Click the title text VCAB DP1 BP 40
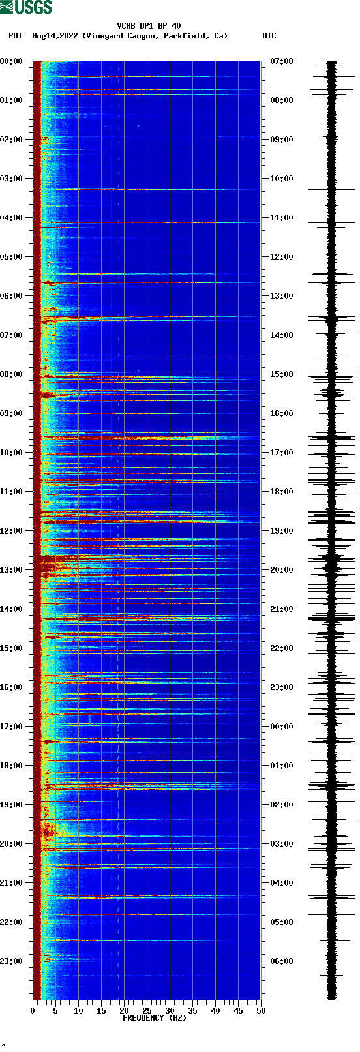(149, 26)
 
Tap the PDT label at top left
(15, 36)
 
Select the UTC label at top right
(269, 36)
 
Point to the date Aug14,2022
(55, 36)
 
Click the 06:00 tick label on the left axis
(12, 295)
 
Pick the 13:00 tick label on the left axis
(12, 569)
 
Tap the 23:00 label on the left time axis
(12, 961)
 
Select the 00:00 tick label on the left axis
(12, 61)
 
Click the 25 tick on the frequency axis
(147, 1010)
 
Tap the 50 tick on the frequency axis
(261, 1010)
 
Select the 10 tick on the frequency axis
(78, 1010)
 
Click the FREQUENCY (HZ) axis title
(155, 1017)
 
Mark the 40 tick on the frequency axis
(215, 1010)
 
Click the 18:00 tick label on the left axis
(12, 765)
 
